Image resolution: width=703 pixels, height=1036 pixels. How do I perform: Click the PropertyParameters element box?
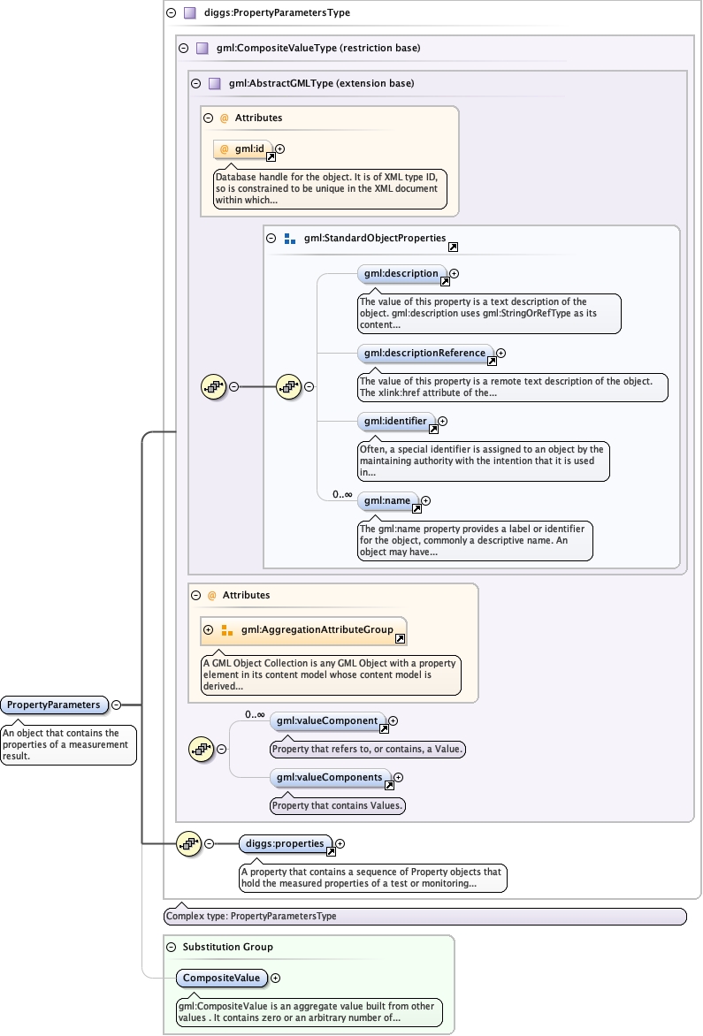pos(54,705)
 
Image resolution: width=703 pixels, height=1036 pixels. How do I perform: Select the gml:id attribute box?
pos(244,149)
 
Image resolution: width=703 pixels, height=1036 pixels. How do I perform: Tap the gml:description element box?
pos(399,274)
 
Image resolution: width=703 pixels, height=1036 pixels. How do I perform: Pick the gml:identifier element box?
pos(394,422)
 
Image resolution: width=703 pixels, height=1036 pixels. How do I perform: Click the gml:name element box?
pos(386,501)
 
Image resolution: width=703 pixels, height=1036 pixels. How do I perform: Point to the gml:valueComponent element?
pos(326,721)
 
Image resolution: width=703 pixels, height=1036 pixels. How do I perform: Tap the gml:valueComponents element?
pos(329,778)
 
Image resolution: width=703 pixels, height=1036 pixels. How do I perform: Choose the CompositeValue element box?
pos(221,978)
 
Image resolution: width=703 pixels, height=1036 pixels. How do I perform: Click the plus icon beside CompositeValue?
pos(275,978)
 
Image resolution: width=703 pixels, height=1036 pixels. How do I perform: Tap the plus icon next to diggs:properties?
pos(340,843)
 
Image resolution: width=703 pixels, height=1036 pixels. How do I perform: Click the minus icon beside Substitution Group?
pos(172,947)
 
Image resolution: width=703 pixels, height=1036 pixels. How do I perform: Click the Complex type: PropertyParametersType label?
pos(251,916)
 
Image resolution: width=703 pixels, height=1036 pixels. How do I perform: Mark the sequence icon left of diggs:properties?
pos(187,843)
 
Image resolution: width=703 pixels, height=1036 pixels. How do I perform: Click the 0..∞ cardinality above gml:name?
pos(342,494)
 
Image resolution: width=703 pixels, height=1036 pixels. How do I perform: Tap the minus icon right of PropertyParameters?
pos(116,705)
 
